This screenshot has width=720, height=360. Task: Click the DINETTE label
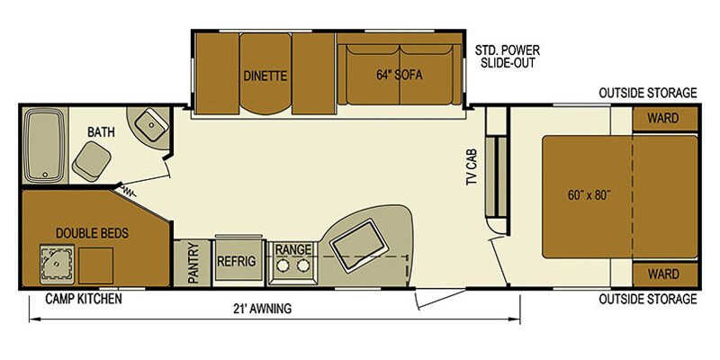(x=265, y=76)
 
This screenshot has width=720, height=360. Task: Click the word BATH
(x=100, y=132)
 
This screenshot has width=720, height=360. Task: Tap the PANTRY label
(x=192, y=265)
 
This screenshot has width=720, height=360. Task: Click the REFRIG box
(x=237, y=261)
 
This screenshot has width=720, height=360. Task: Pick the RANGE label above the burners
(x=293, y=248)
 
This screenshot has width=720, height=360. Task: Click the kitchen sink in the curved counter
(x=357, y=244)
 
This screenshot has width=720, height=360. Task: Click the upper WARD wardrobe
(x=665, y=117)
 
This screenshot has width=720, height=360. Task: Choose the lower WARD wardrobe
(x=665, y=274)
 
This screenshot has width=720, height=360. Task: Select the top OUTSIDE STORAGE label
(x=648, y=94)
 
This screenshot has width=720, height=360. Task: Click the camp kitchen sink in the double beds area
(x=56, y=262)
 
